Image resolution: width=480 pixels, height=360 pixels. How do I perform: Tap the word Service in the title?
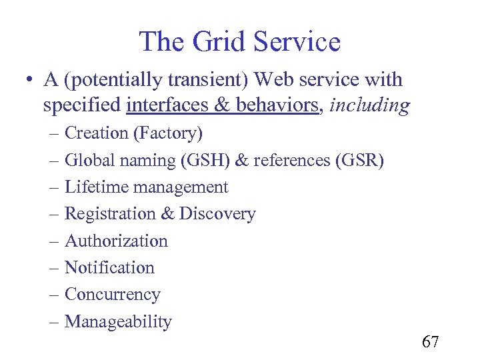[299, 41]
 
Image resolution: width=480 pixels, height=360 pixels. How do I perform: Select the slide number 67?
[430, 343]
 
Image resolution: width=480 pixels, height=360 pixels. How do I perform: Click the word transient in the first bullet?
[215, 80]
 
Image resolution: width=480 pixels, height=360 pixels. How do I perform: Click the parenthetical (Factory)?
[168, 133]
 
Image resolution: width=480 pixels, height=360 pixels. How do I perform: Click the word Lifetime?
[97, 187]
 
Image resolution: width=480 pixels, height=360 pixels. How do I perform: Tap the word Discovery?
[217, 214]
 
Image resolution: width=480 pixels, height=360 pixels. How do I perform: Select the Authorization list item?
[116, 241]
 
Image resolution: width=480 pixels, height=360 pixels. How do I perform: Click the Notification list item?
[109, 268]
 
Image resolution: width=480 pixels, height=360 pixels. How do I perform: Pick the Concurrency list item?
[112, 295]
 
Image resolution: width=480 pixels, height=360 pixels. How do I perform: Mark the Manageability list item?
[118, 322]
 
